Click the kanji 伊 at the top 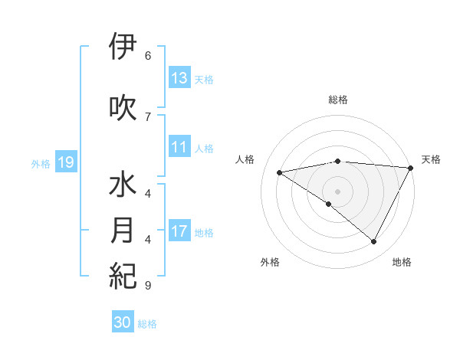(123, 48)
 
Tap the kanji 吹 (123, 106)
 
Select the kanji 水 (123, 186)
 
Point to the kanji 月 (123, 231)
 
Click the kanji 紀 (123, 274)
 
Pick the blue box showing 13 (179, 78)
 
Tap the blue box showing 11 (179, 147)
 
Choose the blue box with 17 (179, 232)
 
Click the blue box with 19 (65, 162)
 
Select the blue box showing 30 (123, 323)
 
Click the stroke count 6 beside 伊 (147, 55)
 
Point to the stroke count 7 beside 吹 (147, 116)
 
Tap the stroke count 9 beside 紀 (147, 286)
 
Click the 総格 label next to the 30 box (148, 324)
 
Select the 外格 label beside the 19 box (41, 163)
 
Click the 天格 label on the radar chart (431, 159)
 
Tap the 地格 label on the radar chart (402, 262)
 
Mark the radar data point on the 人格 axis (280, 172)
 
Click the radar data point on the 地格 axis (374, 242)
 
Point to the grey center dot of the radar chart (337, 191)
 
